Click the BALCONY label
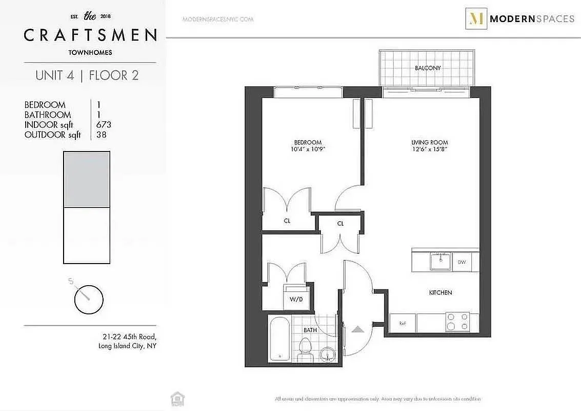(428, 68)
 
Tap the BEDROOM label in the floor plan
(308, 142)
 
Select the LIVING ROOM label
(429, 142)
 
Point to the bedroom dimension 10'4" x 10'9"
(308, 150)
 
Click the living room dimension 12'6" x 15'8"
(429, 150)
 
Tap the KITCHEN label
(440, 292)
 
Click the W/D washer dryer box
(296, 299)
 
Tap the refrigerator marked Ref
(403, 323)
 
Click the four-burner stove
(457, 322)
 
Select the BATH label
(310, 330)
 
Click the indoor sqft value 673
(104, 125)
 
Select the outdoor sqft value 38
(102, 135)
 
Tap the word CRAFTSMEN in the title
(90, 35)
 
